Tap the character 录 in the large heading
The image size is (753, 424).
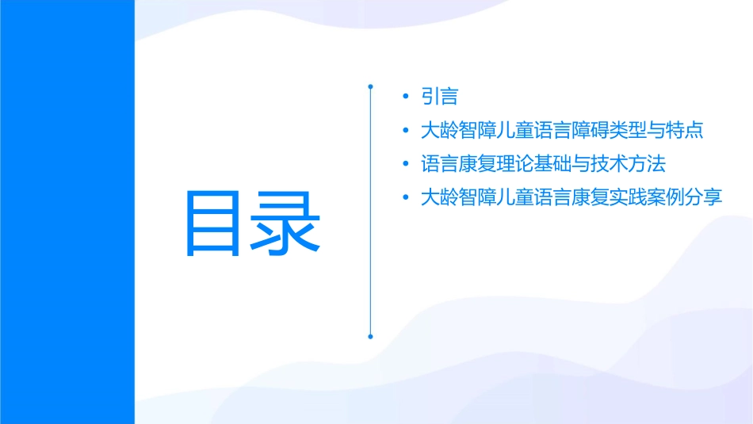286,223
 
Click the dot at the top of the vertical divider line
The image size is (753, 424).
370,85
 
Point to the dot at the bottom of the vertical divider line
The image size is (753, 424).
370,336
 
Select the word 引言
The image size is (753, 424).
440,97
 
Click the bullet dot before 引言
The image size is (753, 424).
406,97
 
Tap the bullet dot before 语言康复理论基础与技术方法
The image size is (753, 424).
406,164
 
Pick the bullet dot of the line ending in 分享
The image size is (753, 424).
406,197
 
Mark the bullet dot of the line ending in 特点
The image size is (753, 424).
406,131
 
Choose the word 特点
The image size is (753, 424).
685,130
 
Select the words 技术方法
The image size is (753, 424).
628,164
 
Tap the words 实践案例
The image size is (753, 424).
647,197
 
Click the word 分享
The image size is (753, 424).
704,197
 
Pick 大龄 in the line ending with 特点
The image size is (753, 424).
440,130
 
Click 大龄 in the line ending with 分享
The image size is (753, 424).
440,197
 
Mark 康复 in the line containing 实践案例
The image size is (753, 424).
590,197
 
